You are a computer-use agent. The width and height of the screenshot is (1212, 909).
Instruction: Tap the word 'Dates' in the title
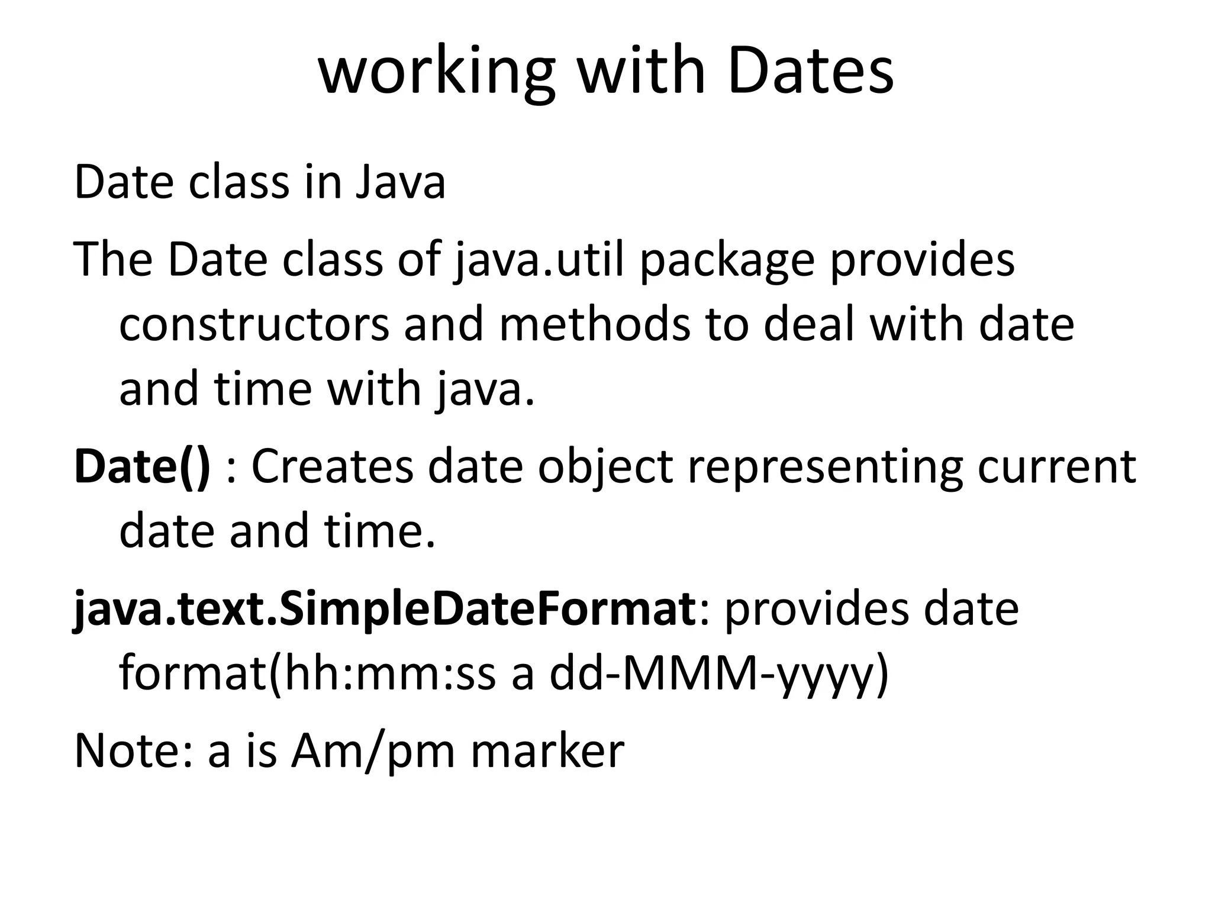[811, 72]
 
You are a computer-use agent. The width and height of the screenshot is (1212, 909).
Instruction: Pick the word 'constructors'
[254, 325]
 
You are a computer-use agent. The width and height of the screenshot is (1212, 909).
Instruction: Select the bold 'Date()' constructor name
[142, 467]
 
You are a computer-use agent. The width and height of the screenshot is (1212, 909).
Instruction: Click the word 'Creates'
[332, 467]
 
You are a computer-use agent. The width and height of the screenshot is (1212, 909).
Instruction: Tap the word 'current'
[1057, 467]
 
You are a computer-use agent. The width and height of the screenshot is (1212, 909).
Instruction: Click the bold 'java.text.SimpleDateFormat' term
[384, 610]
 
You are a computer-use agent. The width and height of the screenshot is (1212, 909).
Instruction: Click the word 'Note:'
[134, 751]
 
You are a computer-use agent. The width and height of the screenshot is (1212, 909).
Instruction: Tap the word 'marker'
[547, 751]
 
